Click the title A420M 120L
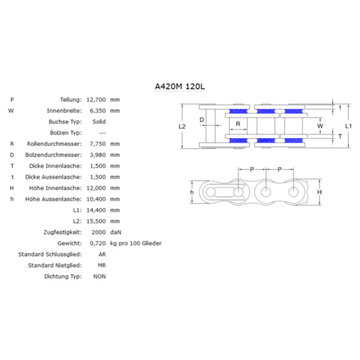[180, 86]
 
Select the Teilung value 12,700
[96, 100]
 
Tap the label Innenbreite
[64, 110]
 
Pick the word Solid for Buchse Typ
[99, 122]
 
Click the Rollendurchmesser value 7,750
[98, 144]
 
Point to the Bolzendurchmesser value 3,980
[98, 155]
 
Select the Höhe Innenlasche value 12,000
[96, 188]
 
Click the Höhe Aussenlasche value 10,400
[96, 199]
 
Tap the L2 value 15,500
[96, 221]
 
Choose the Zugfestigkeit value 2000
[98, 232]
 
